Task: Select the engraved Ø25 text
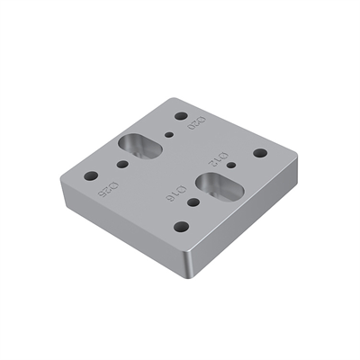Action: (109, 191)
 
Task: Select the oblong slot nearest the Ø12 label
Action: (216, 186)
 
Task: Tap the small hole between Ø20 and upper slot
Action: (170, 137)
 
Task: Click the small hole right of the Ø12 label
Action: (231, 165)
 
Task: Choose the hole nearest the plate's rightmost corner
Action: (260, 153)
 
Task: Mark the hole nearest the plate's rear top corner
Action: (181, 116)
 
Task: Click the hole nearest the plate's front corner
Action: (181, 227)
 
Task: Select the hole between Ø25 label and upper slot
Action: (124, 165)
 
